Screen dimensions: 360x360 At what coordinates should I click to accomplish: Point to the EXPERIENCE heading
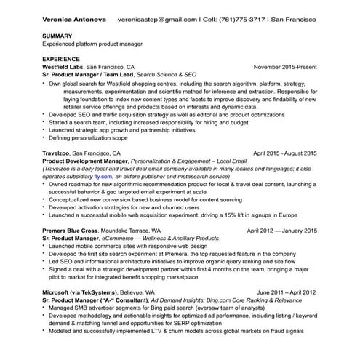(x=61, y=58)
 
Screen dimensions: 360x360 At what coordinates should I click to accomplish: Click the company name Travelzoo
(x=59, y=154)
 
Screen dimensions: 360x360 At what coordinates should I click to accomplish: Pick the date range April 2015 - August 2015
(x=284, y=154)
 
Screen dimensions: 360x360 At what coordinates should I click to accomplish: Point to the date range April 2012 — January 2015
(x=281, y=231)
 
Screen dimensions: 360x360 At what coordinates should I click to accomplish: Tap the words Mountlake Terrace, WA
(x=142, y=231)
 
